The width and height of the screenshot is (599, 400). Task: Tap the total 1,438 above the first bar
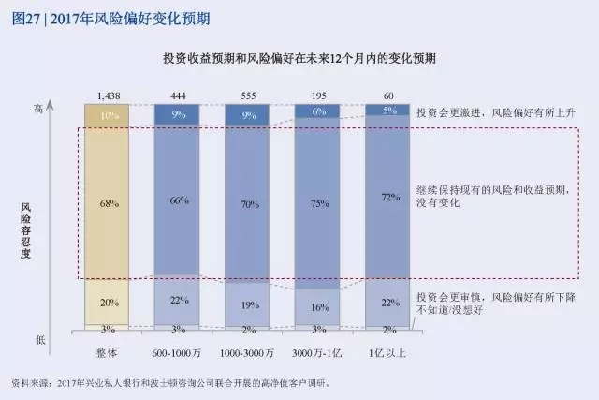(107, 96)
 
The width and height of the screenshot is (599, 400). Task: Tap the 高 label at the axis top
(65, 109)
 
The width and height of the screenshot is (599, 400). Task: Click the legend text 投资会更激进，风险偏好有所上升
(493, 110)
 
